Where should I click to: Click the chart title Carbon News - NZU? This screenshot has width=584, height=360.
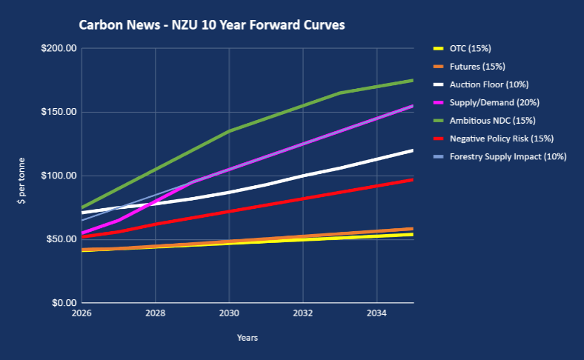coord(212,25)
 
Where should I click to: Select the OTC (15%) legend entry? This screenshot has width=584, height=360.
coord(470,49)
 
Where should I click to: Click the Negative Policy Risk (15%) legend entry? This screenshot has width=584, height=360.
coord(501,138)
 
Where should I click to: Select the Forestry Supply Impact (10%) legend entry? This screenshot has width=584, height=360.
coord(508,156)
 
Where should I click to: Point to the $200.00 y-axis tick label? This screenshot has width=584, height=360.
coord(60,49)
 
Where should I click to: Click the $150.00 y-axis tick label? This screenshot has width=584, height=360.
coord(60,113)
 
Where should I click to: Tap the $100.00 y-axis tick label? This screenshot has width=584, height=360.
coord(60,176)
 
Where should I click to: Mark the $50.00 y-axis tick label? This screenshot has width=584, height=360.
coord(62,240)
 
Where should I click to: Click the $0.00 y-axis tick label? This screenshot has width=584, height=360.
coord(64,304)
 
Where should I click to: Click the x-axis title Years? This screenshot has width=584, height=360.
coord(248,338)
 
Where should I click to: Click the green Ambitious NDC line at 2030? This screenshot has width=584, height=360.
coord(229,131)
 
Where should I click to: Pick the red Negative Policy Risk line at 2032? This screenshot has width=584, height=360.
coord(303,199)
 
